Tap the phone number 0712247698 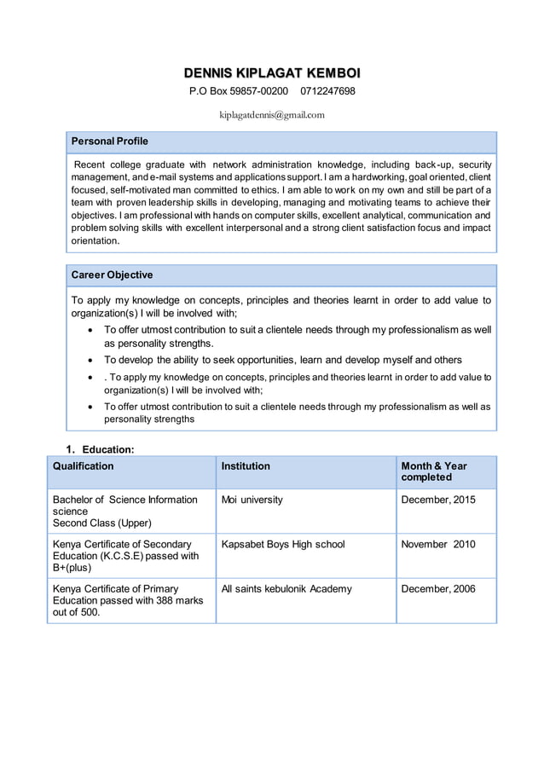327,91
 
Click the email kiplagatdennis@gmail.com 271,114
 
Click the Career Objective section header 112,275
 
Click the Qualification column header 83,466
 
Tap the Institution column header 246,466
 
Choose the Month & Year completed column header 434,471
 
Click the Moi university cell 252,500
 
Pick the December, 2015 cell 438,500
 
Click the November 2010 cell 438,544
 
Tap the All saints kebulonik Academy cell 286,588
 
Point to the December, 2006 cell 438,588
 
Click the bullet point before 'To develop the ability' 92,360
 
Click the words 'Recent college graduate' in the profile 130,164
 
